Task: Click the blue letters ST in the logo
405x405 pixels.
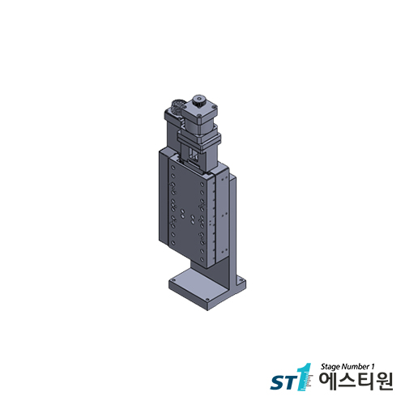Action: [280, 382]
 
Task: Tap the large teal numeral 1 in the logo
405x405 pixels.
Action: [305, 377]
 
